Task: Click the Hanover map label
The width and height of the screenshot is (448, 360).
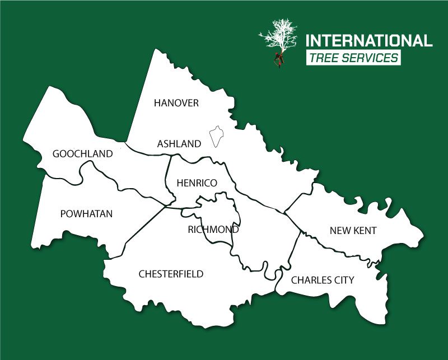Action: pos(176,103)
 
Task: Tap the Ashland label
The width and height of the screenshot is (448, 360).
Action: pos(179,144)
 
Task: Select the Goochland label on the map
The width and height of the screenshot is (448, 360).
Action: pos(82,154)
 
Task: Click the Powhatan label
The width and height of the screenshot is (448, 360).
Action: pos(86,213)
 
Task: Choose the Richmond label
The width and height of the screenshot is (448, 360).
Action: pos(213,230)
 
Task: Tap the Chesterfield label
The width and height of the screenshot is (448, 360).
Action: pos(171,274)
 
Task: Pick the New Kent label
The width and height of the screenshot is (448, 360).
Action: pos(353,231)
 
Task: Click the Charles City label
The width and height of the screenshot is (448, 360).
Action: pos(323,280)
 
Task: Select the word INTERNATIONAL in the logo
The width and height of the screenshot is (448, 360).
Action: pos(368,41)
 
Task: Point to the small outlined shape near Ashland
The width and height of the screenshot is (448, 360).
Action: pos(216,137)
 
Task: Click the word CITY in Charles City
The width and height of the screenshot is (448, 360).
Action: pos(344,280)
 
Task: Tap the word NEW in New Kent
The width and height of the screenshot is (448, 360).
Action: pos(339,231)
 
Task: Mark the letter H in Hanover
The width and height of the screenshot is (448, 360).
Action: pos(157,103)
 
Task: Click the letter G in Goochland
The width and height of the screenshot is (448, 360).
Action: pos(56,154)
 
